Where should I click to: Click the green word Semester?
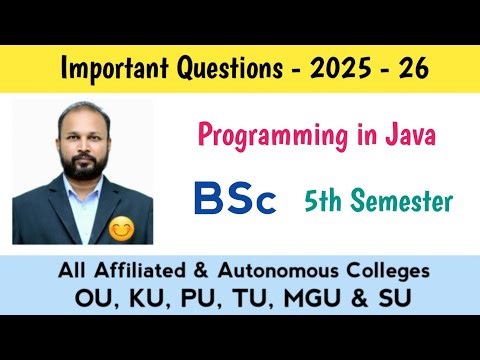407,201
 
